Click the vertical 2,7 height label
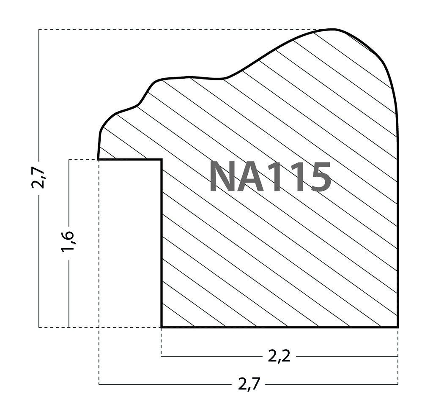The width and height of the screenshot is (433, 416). pyautogui.click(x=38, y=178)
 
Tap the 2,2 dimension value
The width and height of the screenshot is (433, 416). pyautogui.click(x=280, y=357)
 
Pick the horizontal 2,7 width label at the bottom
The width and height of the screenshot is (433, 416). pyautogui.click(x=249, y=384)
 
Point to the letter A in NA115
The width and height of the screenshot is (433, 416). pyautogui.click(x=252, y=177)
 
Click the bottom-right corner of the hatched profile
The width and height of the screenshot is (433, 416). pyautogui.click(x=397, y=327)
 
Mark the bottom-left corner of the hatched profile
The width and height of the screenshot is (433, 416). pyautogui.click(x=162, y=327)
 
